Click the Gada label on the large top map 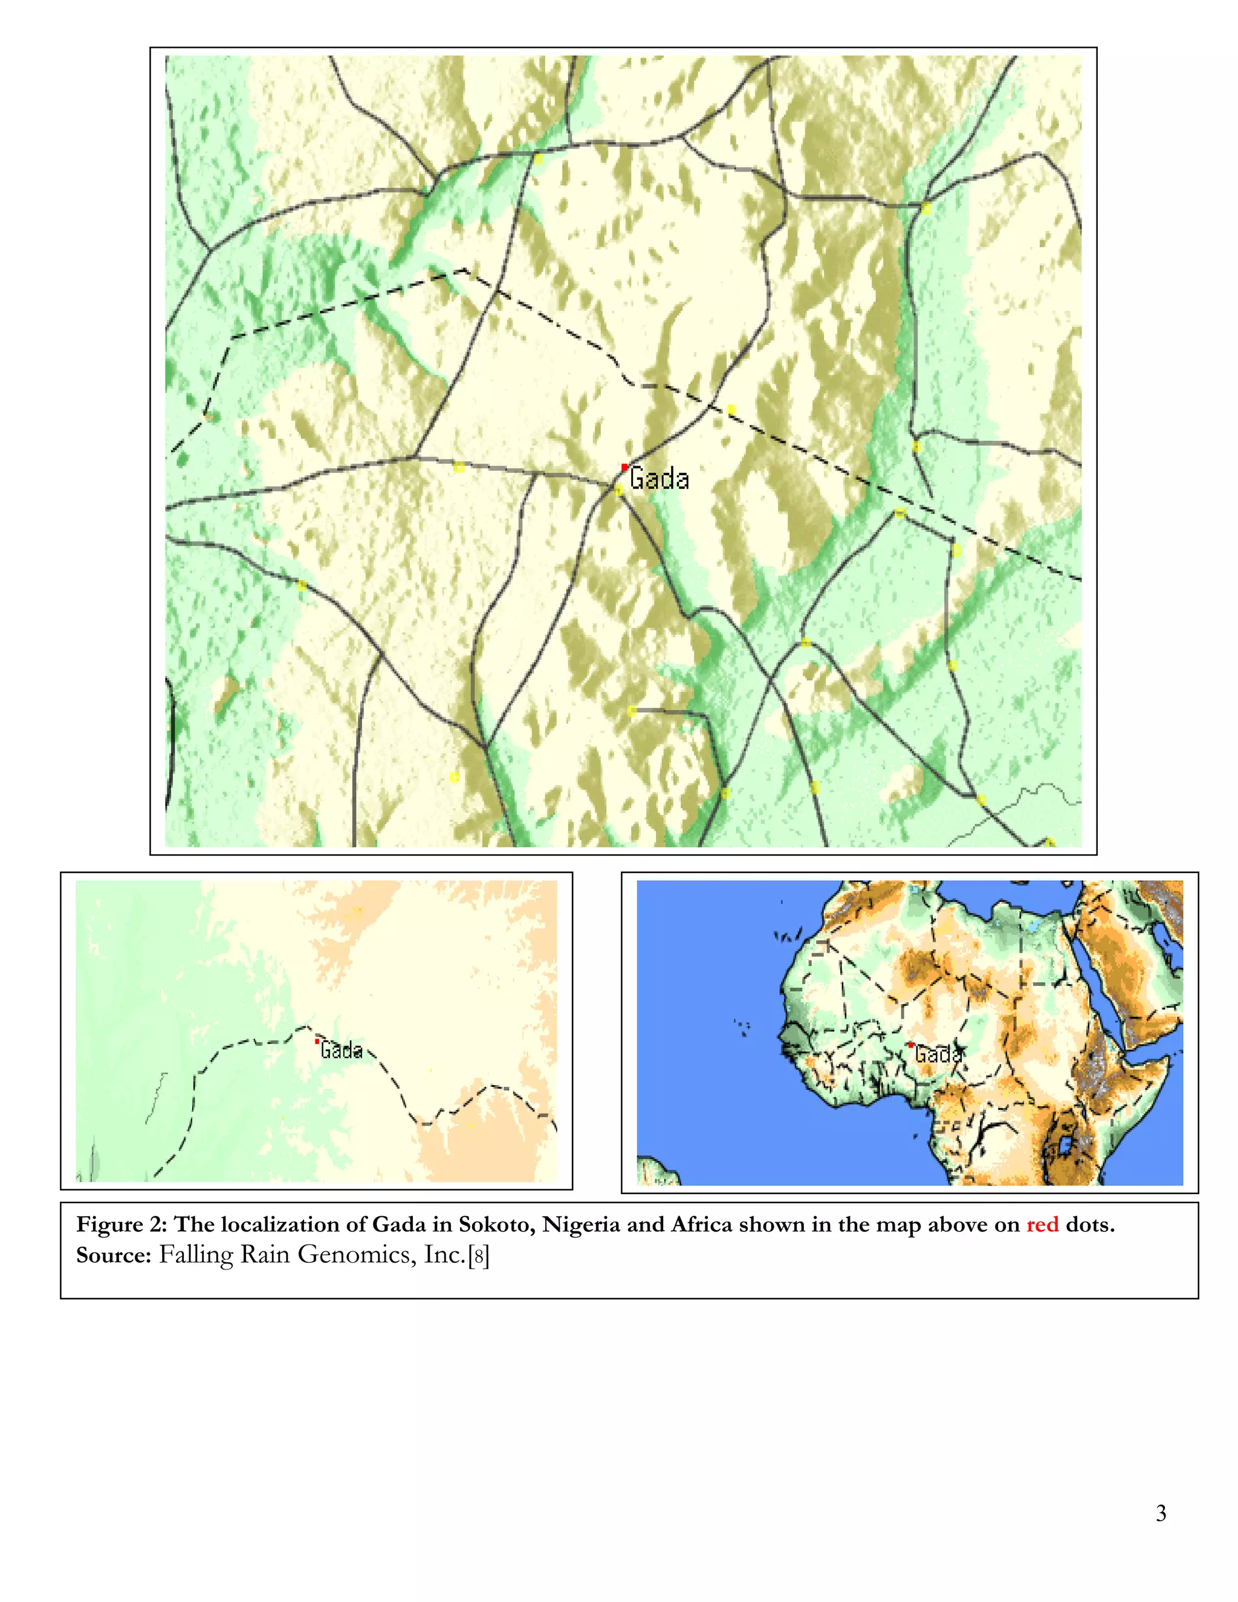660,479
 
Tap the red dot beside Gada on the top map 624,467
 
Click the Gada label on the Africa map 938,1055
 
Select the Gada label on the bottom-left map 342,1051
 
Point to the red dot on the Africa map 910,1044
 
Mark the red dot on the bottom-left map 317,1041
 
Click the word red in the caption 1042,1224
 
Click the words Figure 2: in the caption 122,1224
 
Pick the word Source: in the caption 113,1255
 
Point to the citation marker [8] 479,1256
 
